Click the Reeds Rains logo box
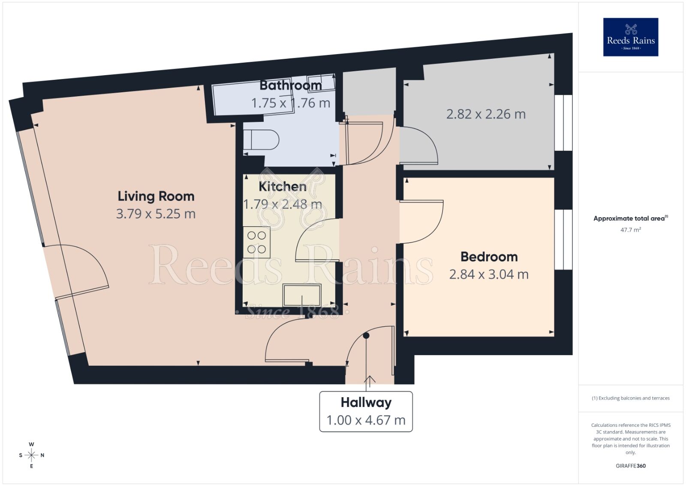631,37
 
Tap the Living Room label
156,196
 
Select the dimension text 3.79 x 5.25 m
156,214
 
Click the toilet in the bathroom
261,140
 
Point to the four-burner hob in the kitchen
256,242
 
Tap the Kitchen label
283,186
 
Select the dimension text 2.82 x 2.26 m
486,114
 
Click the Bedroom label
489,257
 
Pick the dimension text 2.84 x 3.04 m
489,274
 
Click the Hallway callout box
366,411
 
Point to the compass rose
31,455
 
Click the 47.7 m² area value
630,230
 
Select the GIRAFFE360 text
630,466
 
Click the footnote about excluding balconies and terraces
630,398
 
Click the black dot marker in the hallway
366,336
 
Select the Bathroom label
291,85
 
